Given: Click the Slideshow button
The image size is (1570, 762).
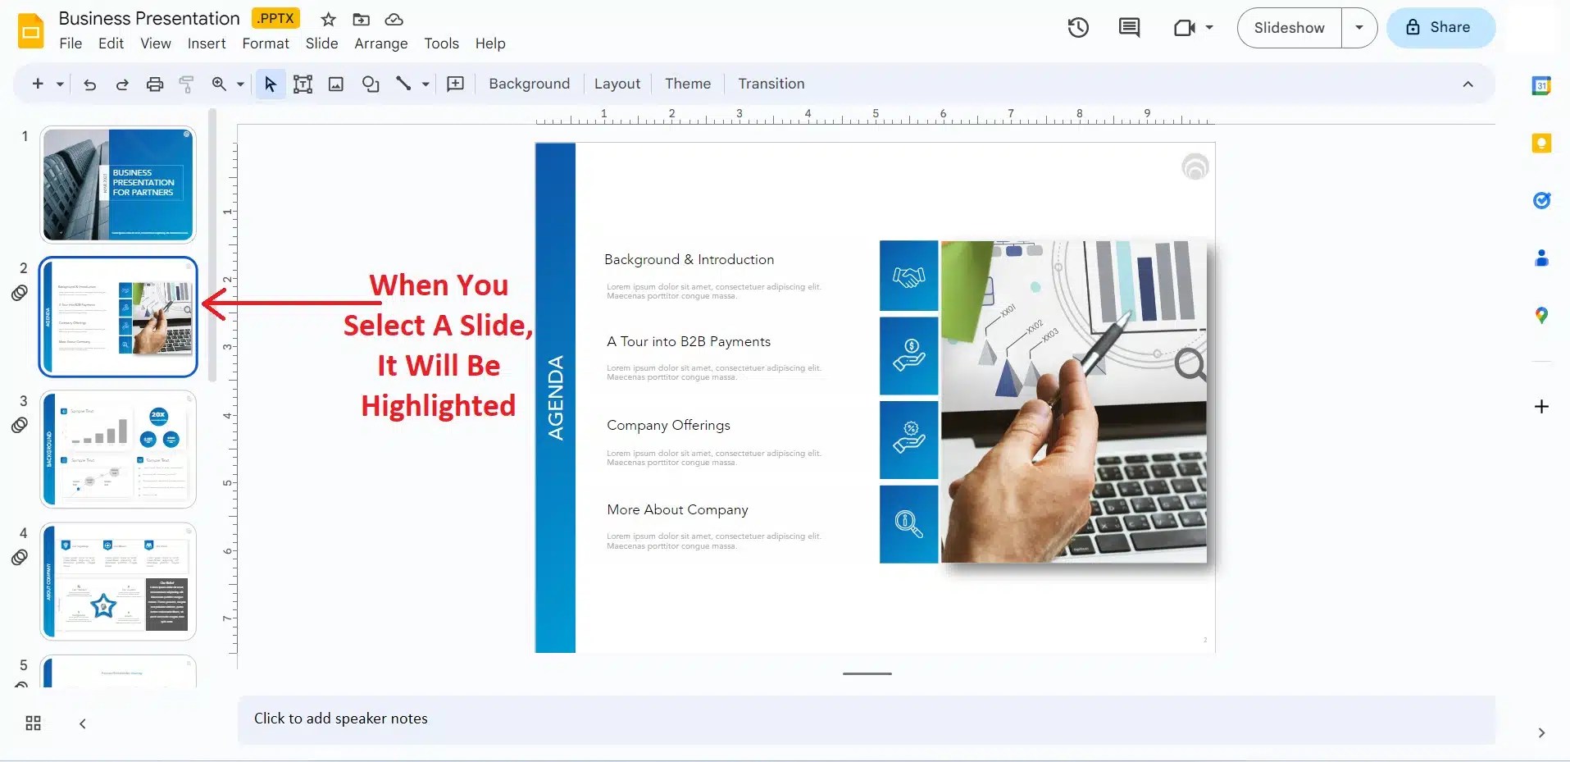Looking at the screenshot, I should (x=1289, y=28).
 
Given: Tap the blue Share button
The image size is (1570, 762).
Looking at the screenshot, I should (x=1440, y=28).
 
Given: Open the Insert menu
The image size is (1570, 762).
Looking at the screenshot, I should (x=207, y=43).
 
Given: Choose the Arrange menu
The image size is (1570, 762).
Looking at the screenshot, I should (x=380, y=43).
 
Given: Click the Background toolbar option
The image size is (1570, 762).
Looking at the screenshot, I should (x=529, y=84).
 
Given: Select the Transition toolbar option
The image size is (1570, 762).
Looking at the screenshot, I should (x=771, y=84).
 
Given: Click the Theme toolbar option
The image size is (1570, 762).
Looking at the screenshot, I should (x=687, y=84).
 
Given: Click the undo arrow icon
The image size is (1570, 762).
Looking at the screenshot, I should (x=90, y=84).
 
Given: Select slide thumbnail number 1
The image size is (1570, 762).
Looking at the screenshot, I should (x=118, y=185).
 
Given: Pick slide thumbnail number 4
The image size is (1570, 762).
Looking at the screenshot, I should (x=118, y=582).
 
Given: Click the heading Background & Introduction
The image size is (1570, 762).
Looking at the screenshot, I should (x=689, y=260).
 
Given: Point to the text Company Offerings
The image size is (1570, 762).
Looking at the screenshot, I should (x=668, y=426).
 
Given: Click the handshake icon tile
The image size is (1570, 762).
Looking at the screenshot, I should (x=908, y=276).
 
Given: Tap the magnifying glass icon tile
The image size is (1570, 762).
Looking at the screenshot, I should (x=908, y=524).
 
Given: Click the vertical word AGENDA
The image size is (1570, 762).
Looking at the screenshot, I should (x=556, y=398).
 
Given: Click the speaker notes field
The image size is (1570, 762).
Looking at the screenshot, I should (x=865, y=719).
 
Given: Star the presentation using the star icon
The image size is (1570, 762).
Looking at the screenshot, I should (x=328, y=20).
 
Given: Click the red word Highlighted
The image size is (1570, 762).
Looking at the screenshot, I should (x=439, y=406).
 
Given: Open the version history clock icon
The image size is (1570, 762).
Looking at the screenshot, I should (x=1078, y=28).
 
